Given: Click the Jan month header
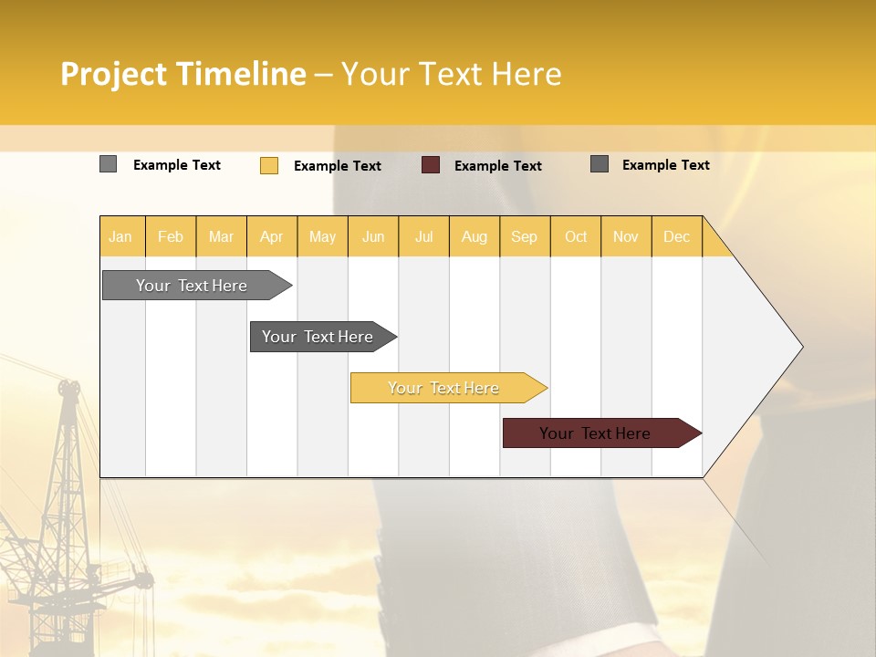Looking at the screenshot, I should click(x=120, y=237).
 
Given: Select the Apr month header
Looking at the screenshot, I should click(x=272, y=237).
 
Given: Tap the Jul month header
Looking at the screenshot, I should click(x=424, y=237).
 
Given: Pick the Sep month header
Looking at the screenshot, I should click(x=524, y=237).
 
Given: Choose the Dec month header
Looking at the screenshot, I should click(x=676, y=237).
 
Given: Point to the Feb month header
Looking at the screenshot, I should click(x=171, y=237).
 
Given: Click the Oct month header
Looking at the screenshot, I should click(x=576, y=237).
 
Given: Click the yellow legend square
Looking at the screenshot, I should click(x=269, y=165).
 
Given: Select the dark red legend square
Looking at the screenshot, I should click(x=431, y=165).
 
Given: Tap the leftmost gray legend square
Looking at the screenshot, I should click(x=109, y=164).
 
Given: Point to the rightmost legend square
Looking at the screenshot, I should click(x=600, y=164).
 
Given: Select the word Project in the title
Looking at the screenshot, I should click(x=114, y=74).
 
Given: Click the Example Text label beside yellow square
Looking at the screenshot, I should click(x=338, y=166).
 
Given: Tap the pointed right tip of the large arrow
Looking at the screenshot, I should click(x=800, y=347).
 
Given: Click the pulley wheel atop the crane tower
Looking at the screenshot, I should click(x=68, y=387).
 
